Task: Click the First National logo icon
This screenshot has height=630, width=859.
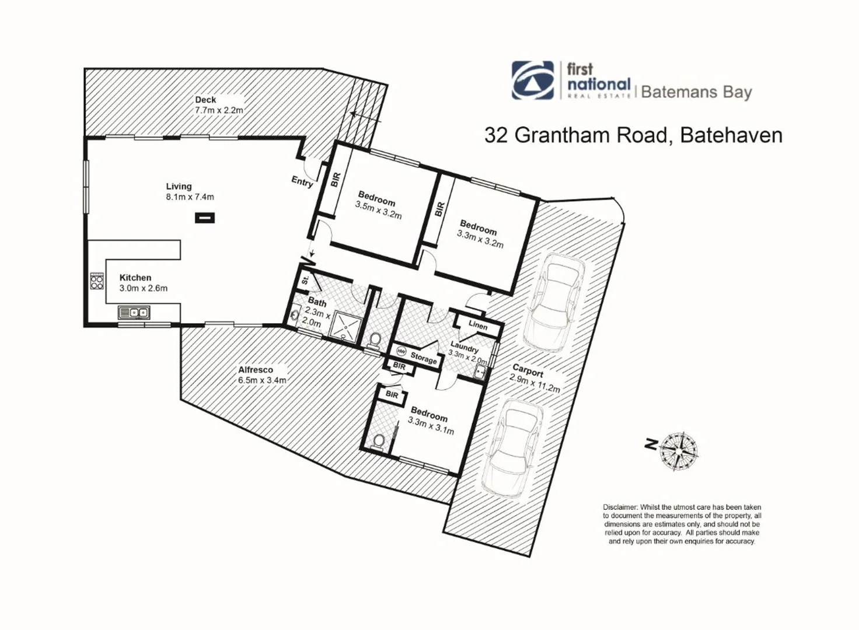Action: click(x=533, y=80)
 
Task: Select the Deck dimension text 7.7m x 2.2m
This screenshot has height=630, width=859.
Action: click(x=219, y=110)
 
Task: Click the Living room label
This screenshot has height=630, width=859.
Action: click(x=179, y=186)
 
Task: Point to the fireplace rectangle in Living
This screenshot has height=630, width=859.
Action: click(x=204, y=218)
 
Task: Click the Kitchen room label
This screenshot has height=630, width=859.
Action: click(x=135, y=278)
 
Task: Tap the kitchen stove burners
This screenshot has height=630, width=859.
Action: click(x=96, y=282)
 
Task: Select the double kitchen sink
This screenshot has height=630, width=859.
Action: click(x=134, y=313)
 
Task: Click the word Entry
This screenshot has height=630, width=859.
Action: click(x=302, y=181)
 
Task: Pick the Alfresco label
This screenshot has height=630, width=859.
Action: click(x=255, y=370)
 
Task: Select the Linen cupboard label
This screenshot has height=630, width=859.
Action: click(x=477, y=325)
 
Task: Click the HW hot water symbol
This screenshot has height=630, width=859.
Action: click(x=401, y=351)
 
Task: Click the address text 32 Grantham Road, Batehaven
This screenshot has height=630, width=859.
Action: click(x=633, y=135)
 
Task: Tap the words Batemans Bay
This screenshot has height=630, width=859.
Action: click(x=696, y=92)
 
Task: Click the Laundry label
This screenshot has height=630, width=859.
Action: click(x=464, y=348)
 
